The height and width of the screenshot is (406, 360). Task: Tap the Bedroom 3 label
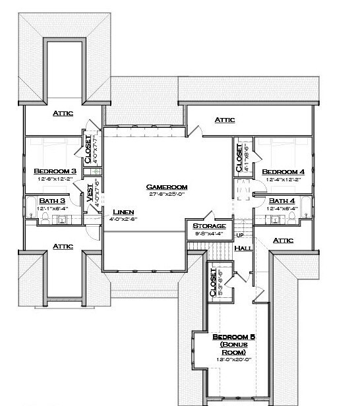coord(55,171)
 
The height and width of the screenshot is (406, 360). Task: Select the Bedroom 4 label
coord(282,171)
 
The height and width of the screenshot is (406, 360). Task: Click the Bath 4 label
coord(282,200)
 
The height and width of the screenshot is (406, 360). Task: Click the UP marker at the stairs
coord(239,235)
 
